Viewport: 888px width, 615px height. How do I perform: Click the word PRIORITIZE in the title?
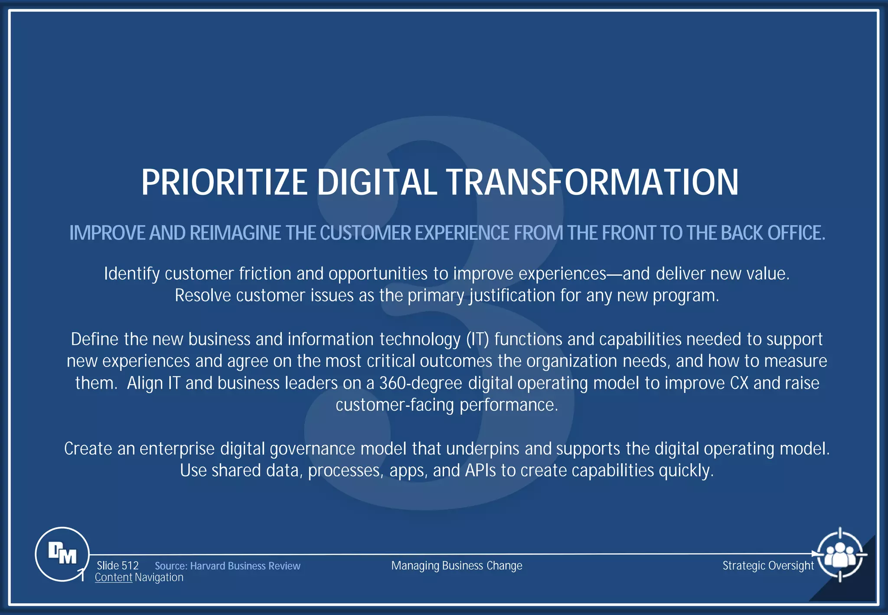(224, 182)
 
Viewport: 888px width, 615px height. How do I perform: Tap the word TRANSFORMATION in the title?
(592, 182)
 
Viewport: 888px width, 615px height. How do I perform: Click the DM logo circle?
(62, 554)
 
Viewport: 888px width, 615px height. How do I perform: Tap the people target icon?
(840, 554)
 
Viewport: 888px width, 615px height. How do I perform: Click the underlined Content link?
(114, 578)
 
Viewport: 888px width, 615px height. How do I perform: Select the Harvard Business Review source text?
(245, 566)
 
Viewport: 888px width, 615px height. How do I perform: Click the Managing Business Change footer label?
(457, 566)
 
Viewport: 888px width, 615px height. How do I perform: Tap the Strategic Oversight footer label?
(768, 566)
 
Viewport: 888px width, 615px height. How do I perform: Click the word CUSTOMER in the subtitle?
(365, 233)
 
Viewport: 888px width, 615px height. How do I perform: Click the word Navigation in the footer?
(159, 578)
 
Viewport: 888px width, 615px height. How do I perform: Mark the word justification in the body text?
(512, 296)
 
